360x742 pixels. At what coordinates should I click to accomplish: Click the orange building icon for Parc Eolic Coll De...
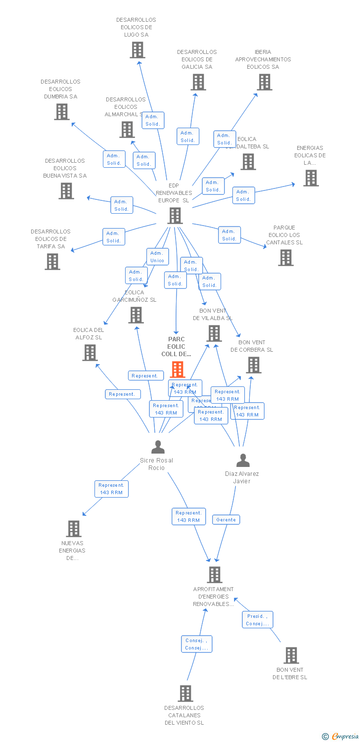[x=178, y=369]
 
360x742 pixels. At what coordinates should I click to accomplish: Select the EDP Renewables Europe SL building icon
[x=175, y=216]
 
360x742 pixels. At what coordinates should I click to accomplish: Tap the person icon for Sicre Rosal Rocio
[x=158, y=447]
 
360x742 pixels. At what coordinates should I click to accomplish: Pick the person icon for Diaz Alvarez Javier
[x=243, y=461]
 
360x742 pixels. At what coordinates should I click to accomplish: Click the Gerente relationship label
[x=226, y=519]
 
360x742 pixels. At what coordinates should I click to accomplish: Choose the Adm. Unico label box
[x=157, y=257]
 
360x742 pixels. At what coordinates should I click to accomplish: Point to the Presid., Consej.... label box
[x=258, y=620]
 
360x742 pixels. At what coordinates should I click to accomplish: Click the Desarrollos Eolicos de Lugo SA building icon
[x=137, y=50]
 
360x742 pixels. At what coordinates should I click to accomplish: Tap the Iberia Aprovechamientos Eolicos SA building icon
[x=265, y=82]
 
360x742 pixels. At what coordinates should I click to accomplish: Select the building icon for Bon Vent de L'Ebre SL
[x=291, y=655]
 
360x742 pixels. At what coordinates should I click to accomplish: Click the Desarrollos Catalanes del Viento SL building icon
[x=185, y=693]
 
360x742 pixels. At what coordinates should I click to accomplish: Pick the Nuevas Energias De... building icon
[x=74, y=528]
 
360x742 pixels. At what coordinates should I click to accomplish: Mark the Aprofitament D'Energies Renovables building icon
[x=215, y=574]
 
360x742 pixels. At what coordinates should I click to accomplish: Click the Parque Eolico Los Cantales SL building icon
[x=285, y=258]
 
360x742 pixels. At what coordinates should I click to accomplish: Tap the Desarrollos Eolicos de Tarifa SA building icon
[x=52, y=262]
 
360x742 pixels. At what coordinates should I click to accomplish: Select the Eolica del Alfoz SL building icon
[x=90, y=353]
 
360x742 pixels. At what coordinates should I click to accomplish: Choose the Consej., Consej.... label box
[x=196, y=644]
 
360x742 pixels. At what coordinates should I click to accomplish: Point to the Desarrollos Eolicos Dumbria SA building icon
[x=62, y=112]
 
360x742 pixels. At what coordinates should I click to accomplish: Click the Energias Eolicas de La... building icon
[x=311, y=178]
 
